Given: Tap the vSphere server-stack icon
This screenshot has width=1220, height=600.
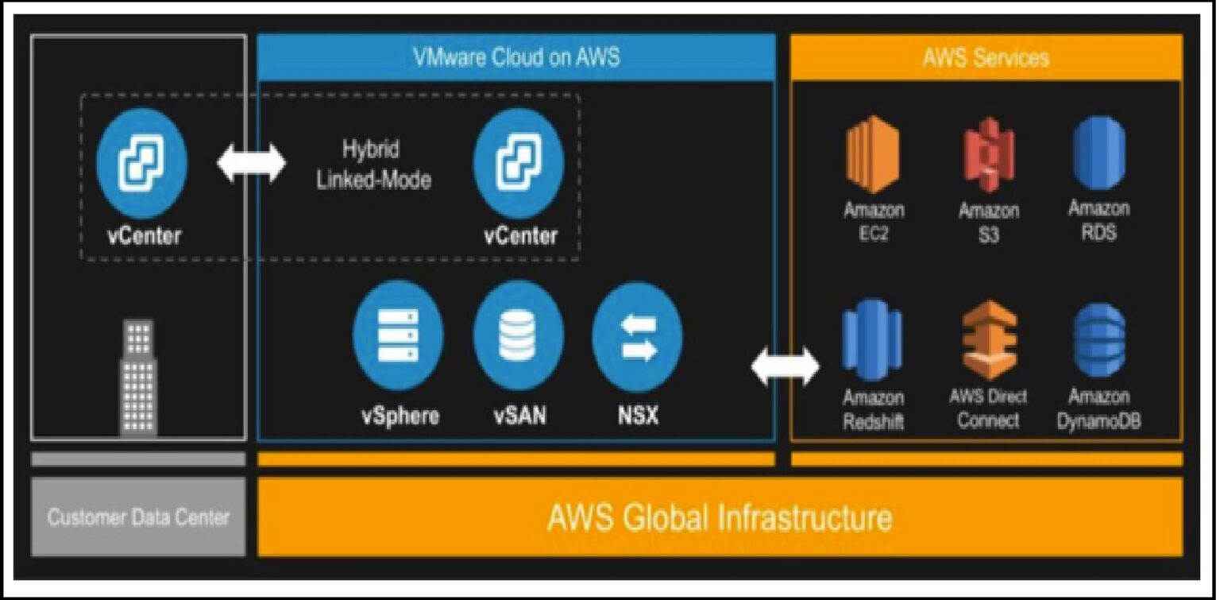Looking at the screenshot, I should point(398,336).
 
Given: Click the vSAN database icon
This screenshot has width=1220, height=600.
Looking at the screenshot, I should point(518,336).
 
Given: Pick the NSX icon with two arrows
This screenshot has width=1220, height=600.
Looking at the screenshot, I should point(637,336).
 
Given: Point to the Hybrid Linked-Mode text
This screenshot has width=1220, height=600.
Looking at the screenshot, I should point(373,165).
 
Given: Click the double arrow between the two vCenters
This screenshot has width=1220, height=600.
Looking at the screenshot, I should point(251,163).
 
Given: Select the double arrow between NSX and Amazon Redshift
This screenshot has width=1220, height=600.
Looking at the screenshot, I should point(785,366).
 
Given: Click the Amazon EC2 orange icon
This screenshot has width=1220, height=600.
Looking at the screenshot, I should point(872,155).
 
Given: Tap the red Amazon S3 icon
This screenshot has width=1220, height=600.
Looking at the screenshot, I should point(988,155).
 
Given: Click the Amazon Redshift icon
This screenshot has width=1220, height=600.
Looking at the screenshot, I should point(872,339).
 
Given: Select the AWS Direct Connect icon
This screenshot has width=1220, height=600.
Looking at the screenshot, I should point(988,339).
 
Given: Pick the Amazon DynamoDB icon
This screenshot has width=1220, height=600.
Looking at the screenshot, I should point(1099,339).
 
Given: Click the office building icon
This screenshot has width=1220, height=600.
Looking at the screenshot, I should point(138,377).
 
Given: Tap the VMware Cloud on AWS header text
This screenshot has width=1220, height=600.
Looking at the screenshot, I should point(515,57).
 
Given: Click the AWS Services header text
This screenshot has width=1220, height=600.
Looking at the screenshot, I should point(986,57).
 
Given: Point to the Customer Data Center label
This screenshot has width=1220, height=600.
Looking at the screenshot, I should point(138,517).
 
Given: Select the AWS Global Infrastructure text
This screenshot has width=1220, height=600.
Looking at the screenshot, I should point(719,517).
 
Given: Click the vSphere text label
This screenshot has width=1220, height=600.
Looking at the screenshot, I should point(400,416).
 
